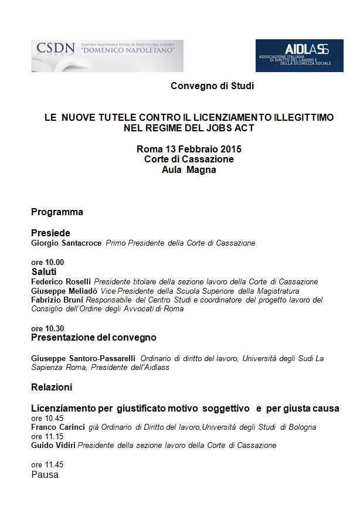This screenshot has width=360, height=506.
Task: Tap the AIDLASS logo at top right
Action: click(x=299, y=55)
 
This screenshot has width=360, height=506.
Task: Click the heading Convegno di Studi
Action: click(x=212, y=86)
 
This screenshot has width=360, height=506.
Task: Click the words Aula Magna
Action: click(x=189, y=170)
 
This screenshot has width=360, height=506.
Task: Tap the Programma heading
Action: click(x=57, y=212)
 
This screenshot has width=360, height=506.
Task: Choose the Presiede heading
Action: click(x=50, y=233)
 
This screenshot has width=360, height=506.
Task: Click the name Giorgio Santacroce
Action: click(x=67, y=243)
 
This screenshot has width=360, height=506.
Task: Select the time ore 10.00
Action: click(x=47, y=262)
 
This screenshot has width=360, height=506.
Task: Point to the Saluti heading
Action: click(x=44, y=272)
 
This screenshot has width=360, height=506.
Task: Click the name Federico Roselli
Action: click(x=62, y=281)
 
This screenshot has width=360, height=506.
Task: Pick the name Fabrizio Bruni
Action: click(x=56, y=300)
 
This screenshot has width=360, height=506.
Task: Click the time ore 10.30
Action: click(x=47, y=328)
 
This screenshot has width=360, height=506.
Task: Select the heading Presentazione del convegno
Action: click(x=93, y=338)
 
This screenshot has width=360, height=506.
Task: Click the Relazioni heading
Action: click(x=52, y=387)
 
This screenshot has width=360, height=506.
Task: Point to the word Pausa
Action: click(x=45, y=474)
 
